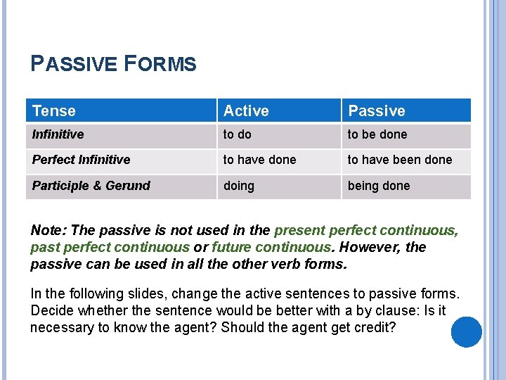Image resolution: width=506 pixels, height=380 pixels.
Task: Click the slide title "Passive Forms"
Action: coord(114,65)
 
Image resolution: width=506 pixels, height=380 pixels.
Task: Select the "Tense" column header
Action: coord(54,110)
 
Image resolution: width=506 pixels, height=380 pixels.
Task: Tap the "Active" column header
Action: coord(246,110)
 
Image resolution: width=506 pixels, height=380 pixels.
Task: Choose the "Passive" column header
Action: coord(377,110)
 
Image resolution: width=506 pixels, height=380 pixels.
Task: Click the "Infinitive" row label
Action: coord(58,134)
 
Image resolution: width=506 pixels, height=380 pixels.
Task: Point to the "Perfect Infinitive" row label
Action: coord(81,160)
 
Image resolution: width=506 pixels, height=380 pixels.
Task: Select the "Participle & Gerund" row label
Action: coord(91,186)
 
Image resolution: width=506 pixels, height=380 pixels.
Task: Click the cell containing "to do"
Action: coord(237,134)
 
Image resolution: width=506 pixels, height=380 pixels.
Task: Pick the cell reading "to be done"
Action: coord(377,134)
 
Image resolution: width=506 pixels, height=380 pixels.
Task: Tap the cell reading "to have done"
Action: coord(259,160)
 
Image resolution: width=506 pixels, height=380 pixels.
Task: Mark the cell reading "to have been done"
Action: coord(399,160)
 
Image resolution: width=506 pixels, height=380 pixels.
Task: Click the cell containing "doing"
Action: coord(239,186)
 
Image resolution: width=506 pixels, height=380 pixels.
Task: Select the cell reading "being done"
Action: coord(378,186)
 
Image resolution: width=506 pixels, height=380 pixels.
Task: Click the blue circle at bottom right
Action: coord(466,332)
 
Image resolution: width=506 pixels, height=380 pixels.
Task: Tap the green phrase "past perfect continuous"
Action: coord(110,248)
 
